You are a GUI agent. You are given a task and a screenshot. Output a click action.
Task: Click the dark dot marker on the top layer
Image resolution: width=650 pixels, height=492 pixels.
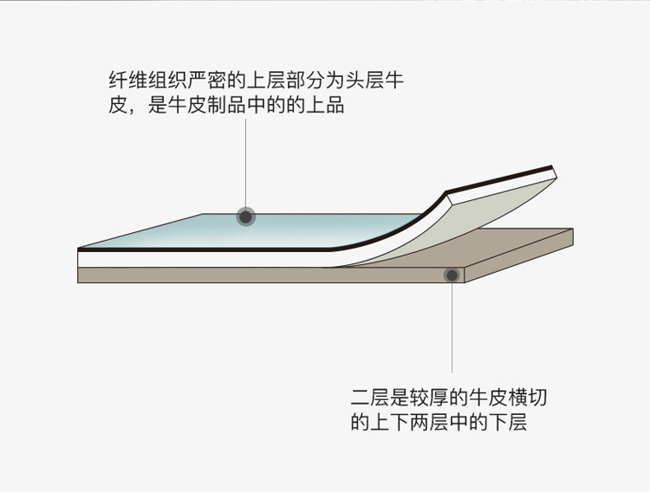246,217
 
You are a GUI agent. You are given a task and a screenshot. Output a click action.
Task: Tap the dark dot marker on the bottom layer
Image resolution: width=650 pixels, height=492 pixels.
452,275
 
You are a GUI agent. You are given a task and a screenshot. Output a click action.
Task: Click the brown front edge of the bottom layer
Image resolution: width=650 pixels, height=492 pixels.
260,275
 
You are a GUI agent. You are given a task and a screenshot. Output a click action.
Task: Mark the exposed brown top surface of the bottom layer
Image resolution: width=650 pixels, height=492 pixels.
520,247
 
